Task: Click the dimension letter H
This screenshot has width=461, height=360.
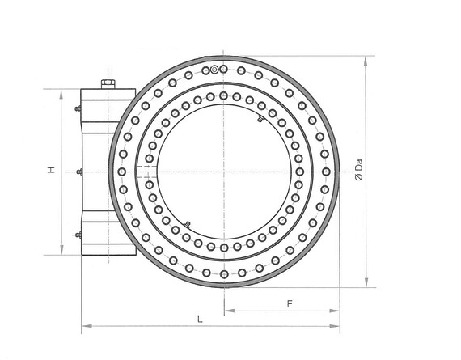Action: click(x=52, y=170)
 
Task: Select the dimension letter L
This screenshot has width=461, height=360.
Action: click(x=200, y=319)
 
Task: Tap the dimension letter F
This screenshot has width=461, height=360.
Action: click(x=290, y=303)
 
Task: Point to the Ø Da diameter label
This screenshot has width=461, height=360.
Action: click(x=359, y=170)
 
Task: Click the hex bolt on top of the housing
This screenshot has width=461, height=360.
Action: click(x=108, y=84)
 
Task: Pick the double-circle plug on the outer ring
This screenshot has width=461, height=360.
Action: click(x=214, y=70)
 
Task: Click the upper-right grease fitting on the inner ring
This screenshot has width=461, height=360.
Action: click(x=260, y=119)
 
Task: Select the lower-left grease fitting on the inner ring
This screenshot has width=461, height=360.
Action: click(x=187, y=225)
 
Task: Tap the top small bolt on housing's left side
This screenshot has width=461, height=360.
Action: click(x=78, y=109)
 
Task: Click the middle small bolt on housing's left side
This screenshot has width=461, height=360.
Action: click(x=79, y=172)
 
